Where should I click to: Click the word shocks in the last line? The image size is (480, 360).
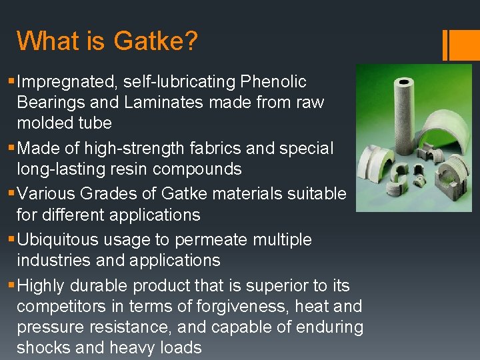pos(42,348)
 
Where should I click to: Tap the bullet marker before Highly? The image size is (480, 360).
pos(11,285)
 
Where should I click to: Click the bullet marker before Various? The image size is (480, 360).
pos(11,194)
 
